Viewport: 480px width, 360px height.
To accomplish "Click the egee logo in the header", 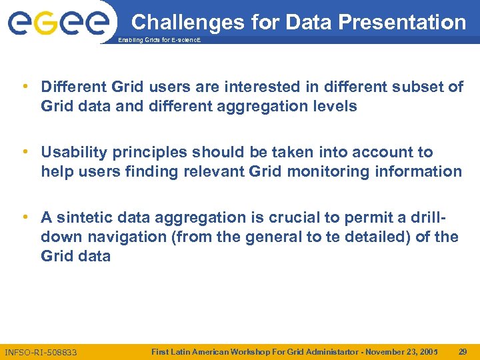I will (58, 23).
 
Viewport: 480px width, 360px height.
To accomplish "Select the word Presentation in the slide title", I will (402, 22).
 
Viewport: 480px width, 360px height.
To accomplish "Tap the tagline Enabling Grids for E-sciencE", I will (159, 41).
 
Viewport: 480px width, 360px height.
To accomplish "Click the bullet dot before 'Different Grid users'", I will (25, 87).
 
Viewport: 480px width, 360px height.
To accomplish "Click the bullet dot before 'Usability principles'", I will (25, 152).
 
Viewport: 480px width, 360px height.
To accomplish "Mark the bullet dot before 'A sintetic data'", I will (25, 217).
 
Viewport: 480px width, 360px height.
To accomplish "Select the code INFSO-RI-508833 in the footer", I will (41, 351).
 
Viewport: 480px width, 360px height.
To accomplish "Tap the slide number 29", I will (463, 351).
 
